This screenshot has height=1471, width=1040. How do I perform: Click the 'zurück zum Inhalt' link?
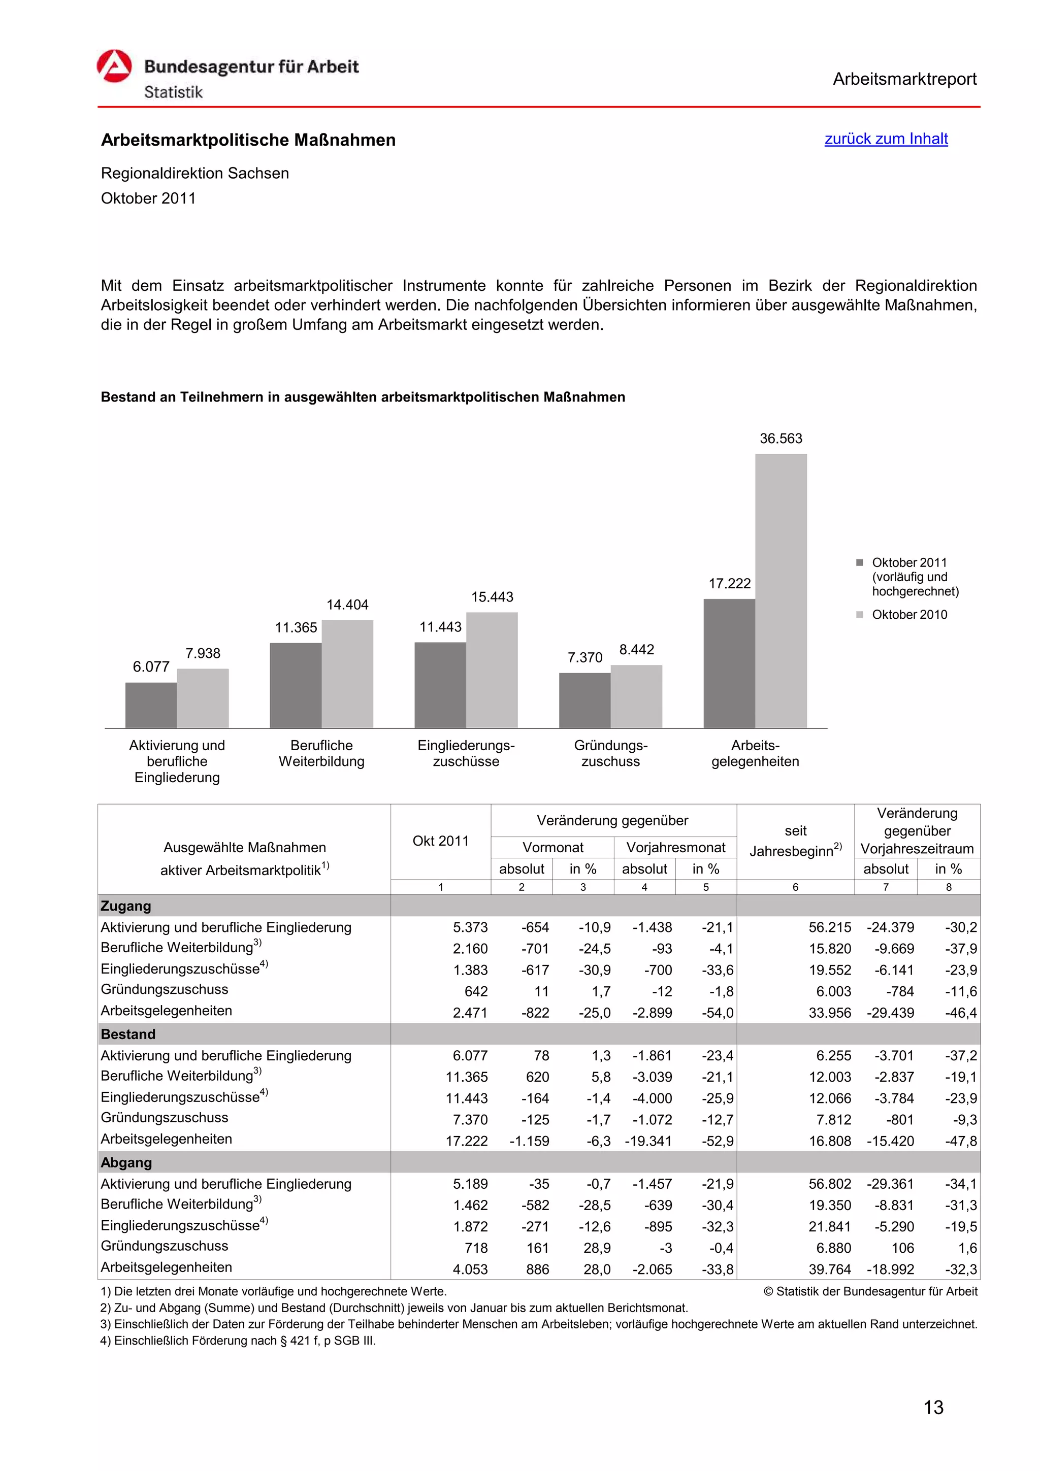point(886,139)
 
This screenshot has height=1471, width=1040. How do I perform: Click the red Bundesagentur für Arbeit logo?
point(115,66)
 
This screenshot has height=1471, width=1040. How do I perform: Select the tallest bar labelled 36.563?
point(781,589)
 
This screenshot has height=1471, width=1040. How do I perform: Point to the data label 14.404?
point(347,605)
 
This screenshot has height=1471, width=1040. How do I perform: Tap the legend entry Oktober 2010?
point(908,614)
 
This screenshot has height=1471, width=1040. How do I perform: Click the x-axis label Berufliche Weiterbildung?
point(321,753)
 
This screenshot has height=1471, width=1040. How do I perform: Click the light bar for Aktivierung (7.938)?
point(203,698)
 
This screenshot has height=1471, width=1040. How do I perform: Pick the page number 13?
point(933,1408)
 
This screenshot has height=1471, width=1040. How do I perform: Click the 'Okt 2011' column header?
point(440,841)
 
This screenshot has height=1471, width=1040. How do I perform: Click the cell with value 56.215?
point(829,927)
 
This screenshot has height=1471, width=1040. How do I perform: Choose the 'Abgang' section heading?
point(126,1163)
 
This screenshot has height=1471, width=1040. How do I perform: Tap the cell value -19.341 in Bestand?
point(648,1141)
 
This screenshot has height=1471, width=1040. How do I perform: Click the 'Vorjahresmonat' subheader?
point(675,848)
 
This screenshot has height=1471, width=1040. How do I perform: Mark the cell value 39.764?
point(829,1269)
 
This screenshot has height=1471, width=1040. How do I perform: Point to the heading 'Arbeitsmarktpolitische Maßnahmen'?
point(248,140)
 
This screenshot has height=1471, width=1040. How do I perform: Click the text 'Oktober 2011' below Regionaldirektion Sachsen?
point(148,198)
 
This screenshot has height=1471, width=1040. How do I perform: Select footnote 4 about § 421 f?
point(238,1341)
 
